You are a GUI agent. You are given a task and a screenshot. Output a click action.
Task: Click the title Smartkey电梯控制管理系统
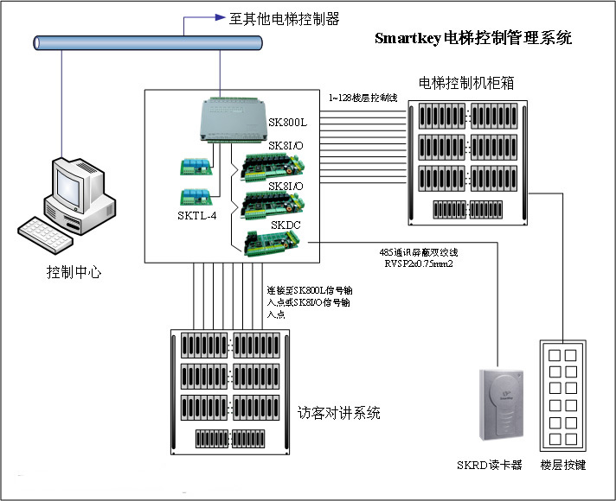coord(473,39)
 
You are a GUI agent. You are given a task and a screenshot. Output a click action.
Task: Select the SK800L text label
coord(287,123)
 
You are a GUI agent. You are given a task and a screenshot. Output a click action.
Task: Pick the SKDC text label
coord(286,225)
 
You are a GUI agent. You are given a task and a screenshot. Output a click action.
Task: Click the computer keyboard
coord(54,236)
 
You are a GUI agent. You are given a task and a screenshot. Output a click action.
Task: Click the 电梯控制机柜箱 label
coord(465,84)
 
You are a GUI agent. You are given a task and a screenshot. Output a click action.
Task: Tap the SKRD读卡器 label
coord(490,465)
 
